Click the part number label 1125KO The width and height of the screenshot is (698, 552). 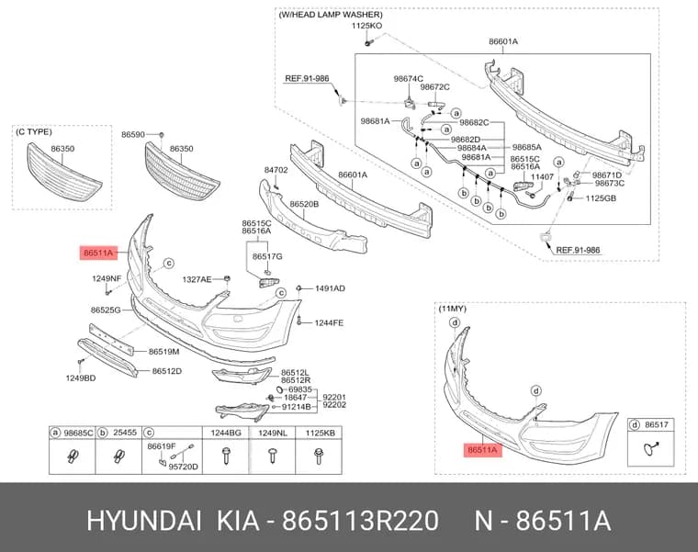(x=366, y=26)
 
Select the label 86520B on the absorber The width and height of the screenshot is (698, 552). (x=304, y=204)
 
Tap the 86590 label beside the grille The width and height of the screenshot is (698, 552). (x=133, y=134)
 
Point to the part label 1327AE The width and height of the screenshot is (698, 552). (x=197, y=279)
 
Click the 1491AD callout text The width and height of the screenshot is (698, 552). (x=330, y=288)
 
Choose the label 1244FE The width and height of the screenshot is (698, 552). (x=329, y=322)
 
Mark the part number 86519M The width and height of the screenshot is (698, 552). (x=163, y=352)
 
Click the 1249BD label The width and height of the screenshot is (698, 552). (x=81, y=378)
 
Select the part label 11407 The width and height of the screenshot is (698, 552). (x=542, y=177)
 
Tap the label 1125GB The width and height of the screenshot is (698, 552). (x=601, y=198)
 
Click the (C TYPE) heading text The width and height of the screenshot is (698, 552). (x=34, y=132)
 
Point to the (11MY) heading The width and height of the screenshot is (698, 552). (x=453, y=309)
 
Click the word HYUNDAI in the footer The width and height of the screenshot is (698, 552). (x=144, y=521)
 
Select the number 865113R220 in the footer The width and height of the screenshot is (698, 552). (x=361, y=521)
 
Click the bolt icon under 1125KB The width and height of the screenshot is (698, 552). (x=319, y=456)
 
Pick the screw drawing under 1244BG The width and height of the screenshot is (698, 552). (x=226, y=456)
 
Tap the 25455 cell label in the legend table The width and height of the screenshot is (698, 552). (x=125, y=433)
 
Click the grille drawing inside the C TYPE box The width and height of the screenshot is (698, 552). (x=64, y=174)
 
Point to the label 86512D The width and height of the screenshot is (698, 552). (x=167, y=371)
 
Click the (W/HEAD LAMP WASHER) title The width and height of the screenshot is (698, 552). (x=331, y=15)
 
